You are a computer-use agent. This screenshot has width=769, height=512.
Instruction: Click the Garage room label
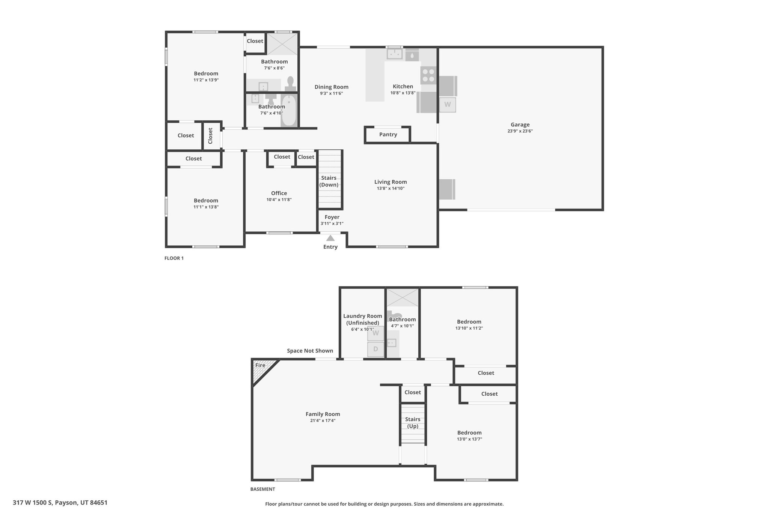pos(520,125)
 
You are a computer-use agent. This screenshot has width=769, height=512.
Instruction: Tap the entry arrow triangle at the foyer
pos(330,238)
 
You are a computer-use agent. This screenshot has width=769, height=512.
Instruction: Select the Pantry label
pos(388,134)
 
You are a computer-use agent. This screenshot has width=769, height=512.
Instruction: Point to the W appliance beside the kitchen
pos(447,105)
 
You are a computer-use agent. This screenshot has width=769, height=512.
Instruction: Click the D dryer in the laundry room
pos(375,349)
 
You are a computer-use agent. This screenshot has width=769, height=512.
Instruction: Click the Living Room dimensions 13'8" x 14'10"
pos(391,188)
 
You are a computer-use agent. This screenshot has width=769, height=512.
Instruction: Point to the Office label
pos(279,193)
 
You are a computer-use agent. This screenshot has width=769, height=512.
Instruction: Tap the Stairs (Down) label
pos(329,181)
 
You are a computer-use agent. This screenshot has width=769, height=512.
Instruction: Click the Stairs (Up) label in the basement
pos(413,423)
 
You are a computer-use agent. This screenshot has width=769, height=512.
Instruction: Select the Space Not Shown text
pos(310,351)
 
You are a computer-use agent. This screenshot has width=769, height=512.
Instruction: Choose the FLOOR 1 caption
pos(174,258)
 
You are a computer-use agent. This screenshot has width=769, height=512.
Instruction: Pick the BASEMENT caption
pos(262,489)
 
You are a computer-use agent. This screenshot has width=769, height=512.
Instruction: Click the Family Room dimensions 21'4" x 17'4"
pos(323,420)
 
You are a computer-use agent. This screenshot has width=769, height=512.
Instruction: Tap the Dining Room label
pos(332,87)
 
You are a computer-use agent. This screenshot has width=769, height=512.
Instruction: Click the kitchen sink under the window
pos(395,54)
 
